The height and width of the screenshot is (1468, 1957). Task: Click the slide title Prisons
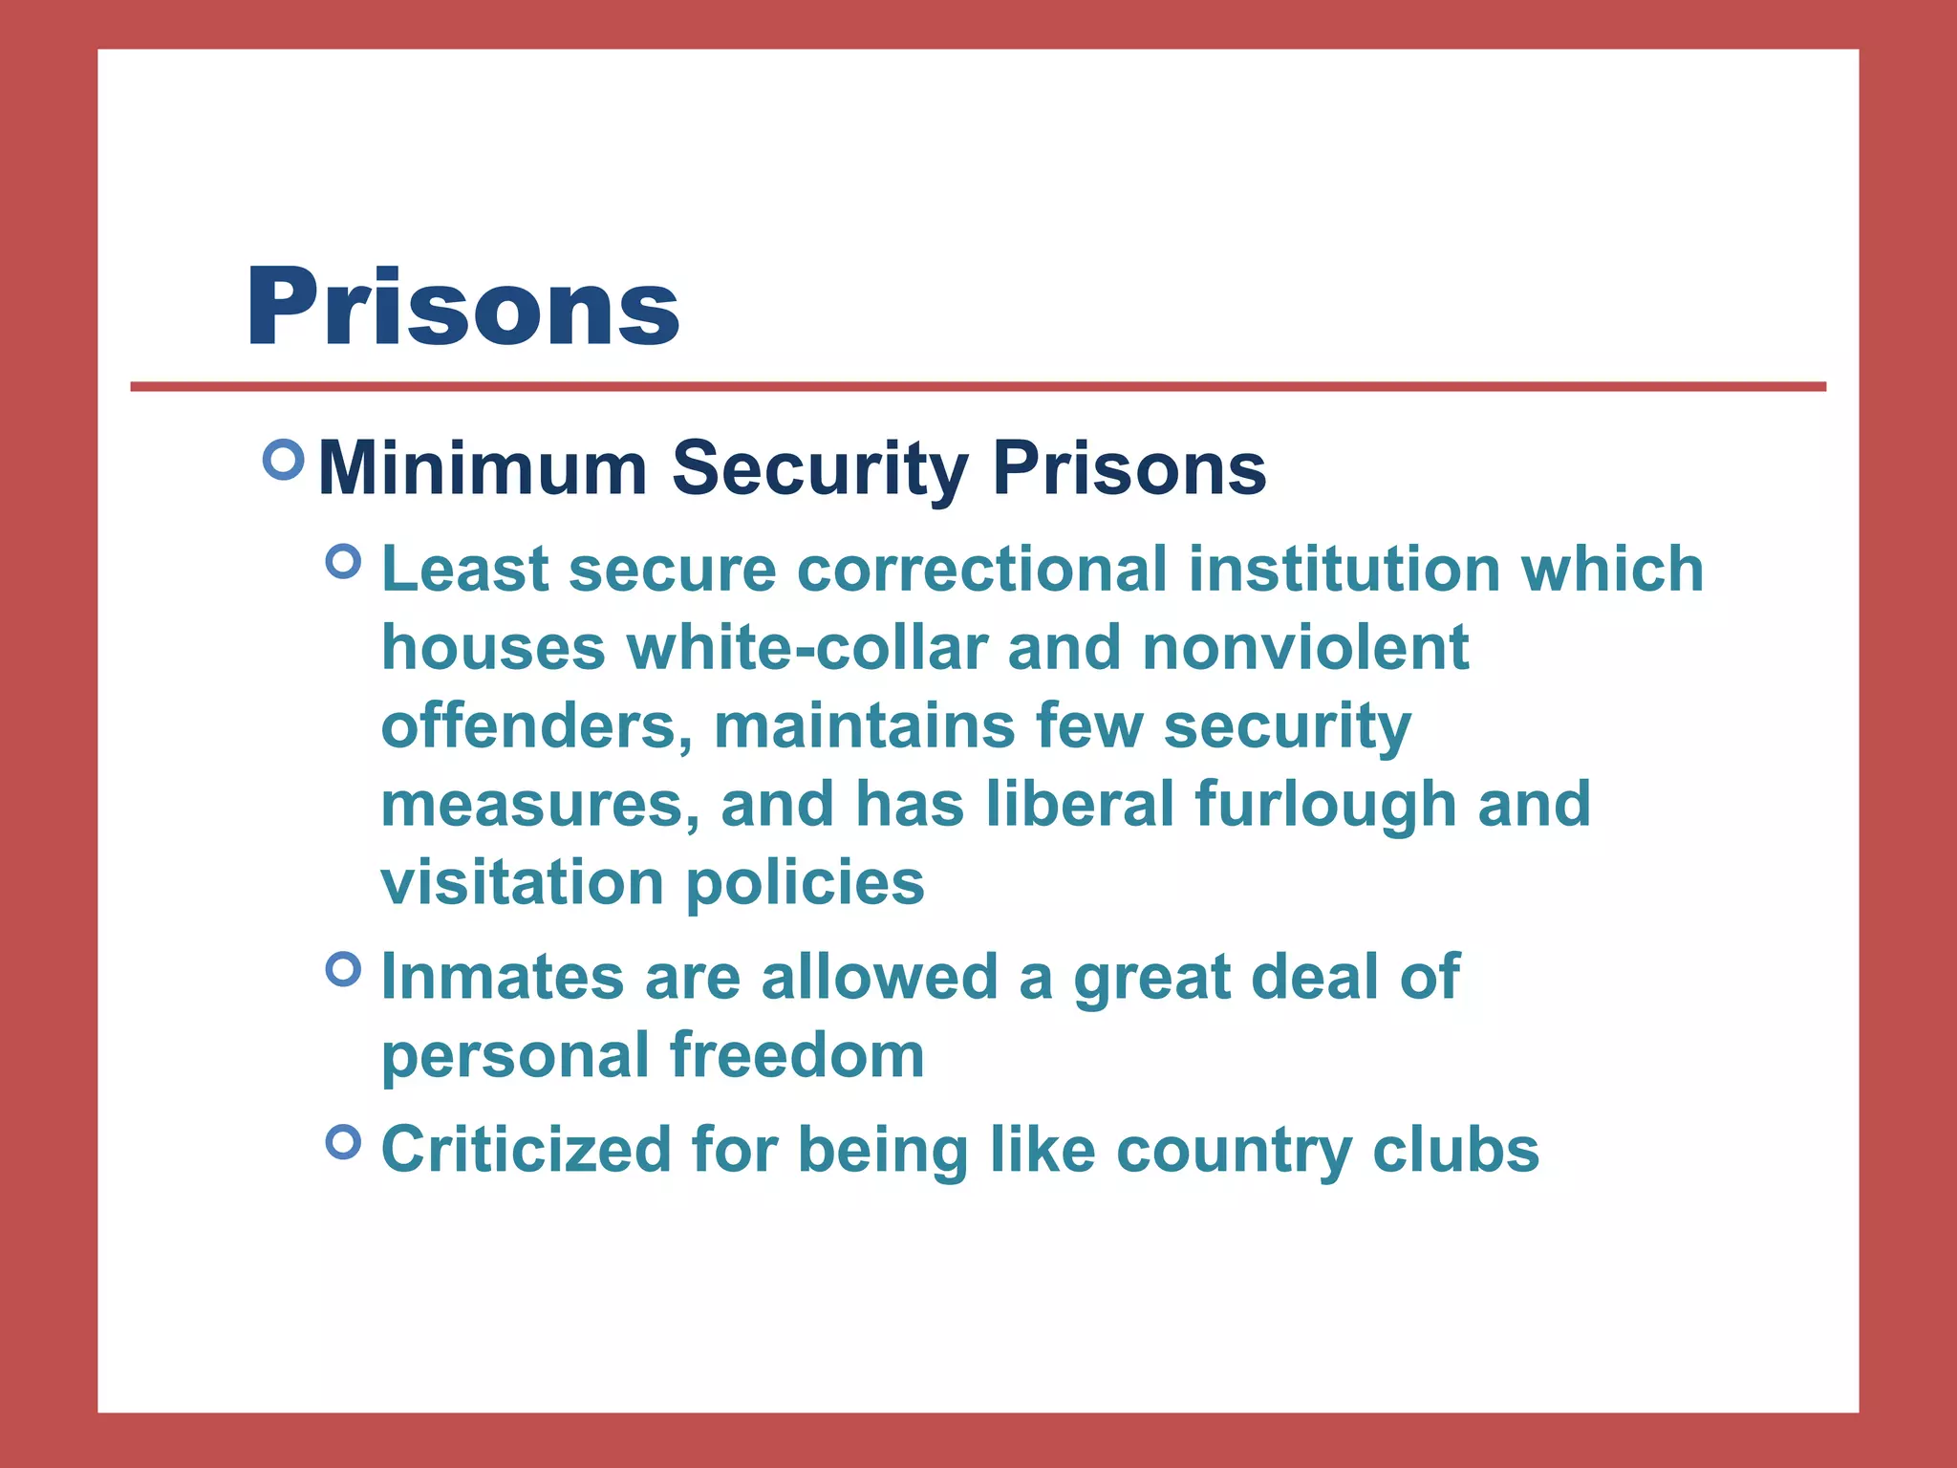click(x=462, y=308)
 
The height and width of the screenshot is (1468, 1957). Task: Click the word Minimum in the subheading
click(x=483, y=468)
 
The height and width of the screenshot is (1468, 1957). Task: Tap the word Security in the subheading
click(x=820, y=468)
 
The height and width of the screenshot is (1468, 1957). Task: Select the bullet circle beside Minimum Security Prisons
click(x=283, y=460)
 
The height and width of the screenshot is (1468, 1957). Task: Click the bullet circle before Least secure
click(x=344, y=561)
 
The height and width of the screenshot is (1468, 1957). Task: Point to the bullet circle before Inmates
click(x=344, y=969)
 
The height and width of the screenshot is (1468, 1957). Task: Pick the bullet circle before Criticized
click(x=344, y=1141)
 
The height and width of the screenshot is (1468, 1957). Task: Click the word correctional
click(x=982, y=570)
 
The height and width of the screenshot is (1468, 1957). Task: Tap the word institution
click(x=1344, y=570)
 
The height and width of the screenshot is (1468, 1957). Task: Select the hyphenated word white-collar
click(x=806, y=648)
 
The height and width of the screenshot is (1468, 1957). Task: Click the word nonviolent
click(x=1305, y=648)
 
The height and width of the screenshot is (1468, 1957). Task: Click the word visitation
click(x=523, y=882)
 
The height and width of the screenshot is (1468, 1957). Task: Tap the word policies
click(x=806, y=882)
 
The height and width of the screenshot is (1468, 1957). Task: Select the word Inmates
click(x=503, y=978)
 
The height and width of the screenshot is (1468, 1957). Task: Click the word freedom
click(x=797, y=1055)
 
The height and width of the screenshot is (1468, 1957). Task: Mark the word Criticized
click(x=527, y=1150)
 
